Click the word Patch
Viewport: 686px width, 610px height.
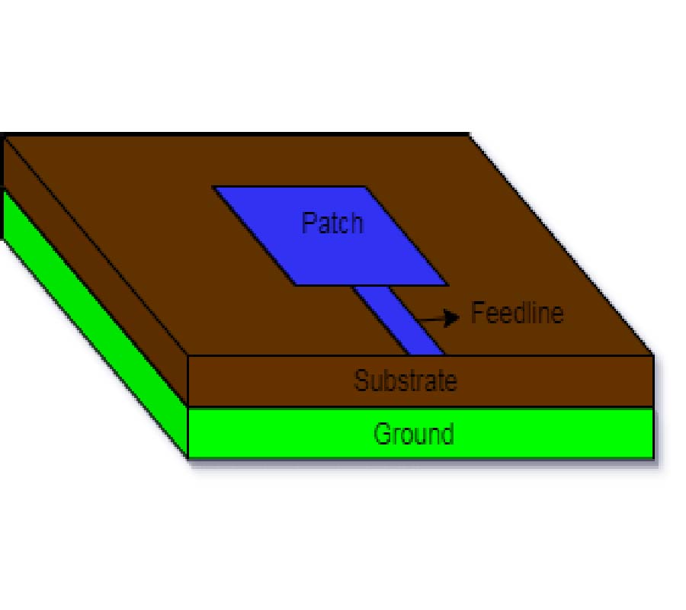click(332, 223)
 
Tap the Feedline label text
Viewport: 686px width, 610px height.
click(517, 313)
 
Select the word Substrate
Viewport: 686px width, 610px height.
click(406, 380)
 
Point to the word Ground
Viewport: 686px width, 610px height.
click(414, 434)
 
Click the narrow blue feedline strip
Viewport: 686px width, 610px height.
click(399, 320)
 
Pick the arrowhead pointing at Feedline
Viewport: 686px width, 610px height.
click(451, 318)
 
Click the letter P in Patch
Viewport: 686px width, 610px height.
click(309, 223)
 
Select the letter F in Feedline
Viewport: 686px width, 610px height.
click(478, 313)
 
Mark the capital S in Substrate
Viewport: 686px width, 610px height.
click(361, 380)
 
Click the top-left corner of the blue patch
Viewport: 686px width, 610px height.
click(213, 187)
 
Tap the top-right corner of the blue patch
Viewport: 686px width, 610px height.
click(366, 187)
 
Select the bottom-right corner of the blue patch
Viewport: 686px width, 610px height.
click(448, 285)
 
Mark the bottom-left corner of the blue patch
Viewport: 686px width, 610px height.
click(297, 285)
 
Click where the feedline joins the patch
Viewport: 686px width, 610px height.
click(371, 286)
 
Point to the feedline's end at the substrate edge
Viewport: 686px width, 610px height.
click(427, 355)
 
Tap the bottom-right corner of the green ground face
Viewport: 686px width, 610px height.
click(653, 457)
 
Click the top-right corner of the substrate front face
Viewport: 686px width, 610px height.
click(653, 355)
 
